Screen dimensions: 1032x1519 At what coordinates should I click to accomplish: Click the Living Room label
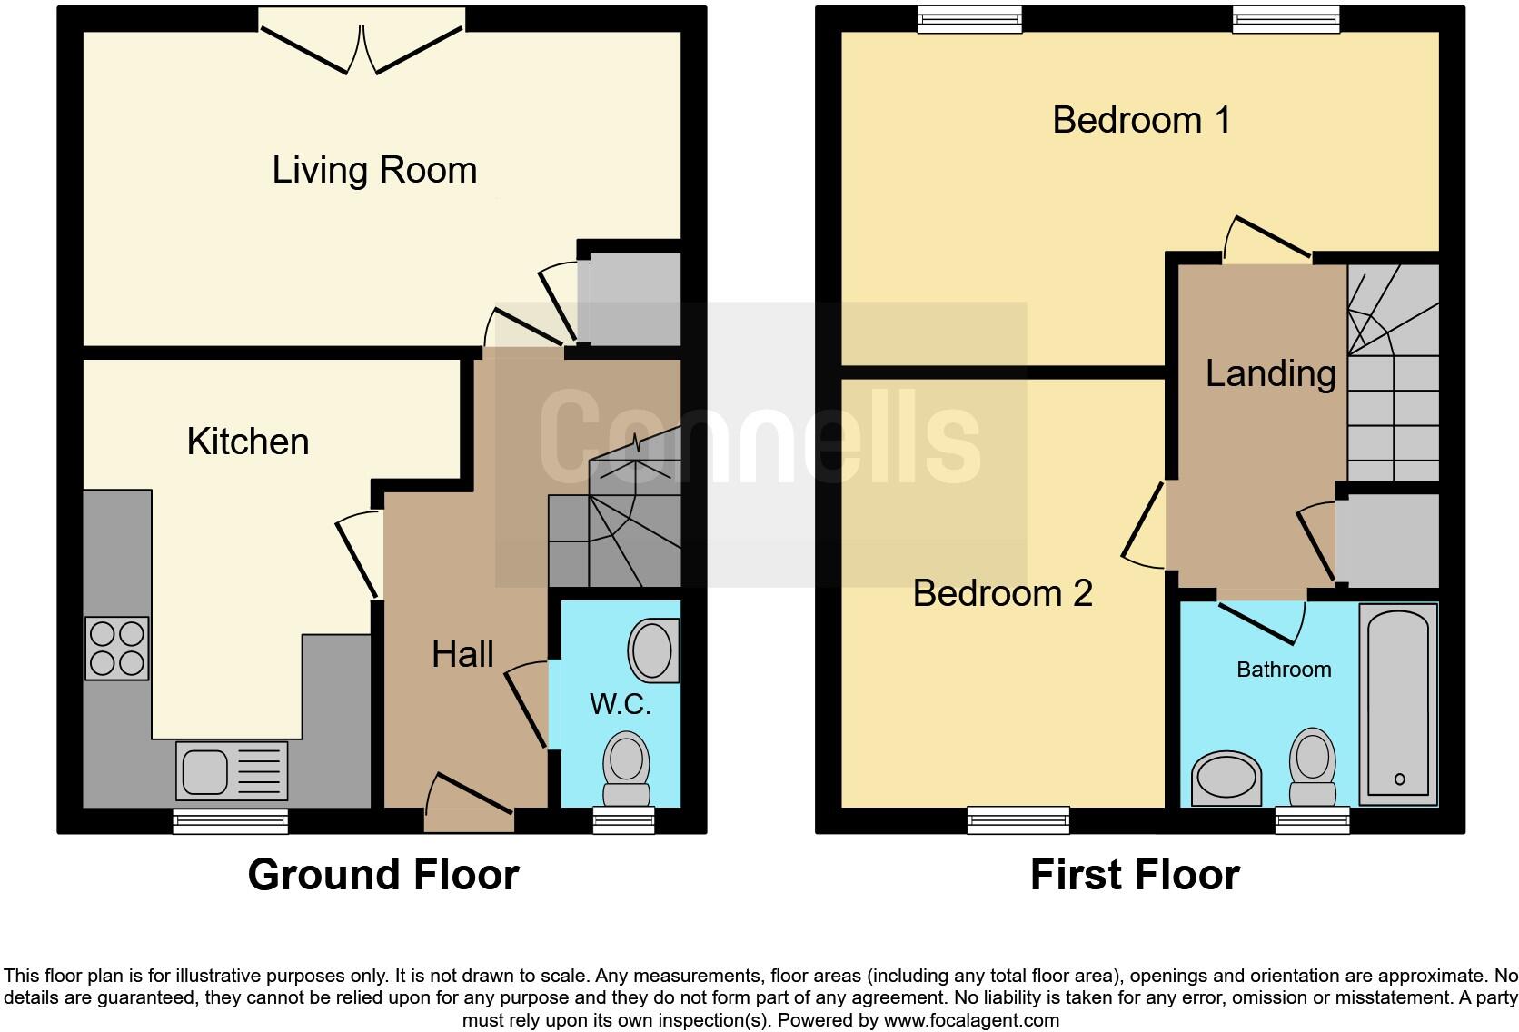click(x=374, y=170)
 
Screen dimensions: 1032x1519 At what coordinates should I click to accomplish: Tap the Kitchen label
click(x=248, y=442)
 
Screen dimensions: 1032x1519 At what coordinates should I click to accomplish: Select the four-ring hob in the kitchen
click(x=117, y=649)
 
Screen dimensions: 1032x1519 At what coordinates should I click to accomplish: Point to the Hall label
click(x=462, y=654)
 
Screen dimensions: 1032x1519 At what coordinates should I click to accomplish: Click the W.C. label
click(x=621, y=704)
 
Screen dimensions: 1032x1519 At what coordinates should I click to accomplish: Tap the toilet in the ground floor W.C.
click(x=626, y=767)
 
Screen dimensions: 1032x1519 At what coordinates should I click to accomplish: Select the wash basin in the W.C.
click(x=653, y=650)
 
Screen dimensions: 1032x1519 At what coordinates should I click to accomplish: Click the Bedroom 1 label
click(x=1141, y=120)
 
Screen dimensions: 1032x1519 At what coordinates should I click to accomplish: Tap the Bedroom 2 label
click(x=1002, y=593)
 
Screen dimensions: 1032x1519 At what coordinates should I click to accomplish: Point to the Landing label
click(x=1270, y=373)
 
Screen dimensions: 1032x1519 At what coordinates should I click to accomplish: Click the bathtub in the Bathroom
click(x=1398, y=704)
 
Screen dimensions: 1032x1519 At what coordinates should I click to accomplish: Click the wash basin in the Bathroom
click(x=1226, y=779)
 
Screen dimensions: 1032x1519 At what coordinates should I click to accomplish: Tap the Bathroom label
click(x=1284, y=670)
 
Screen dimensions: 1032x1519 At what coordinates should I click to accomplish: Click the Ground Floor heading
click(x=383, y=875)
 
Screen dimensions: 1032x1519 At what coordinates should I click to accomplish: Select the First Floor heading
click(x=1135, y=876)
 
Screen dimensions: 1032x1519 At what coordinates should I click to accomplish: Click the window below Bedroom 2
click(x=1018, y=820)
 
